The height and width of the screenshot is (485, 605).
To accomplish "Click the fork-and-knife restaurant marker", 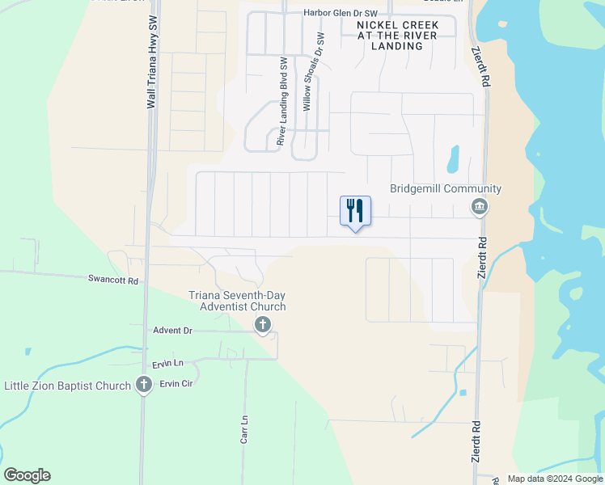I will coord(355,212).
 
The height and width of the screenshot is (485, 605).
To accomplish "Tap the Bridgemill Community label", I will coord(446,189).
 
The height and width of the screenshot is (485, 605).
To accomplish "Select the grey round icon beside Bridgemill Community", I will coord(480,208).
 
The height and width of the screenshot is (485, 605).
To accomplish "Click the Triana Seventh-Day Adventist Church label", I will coord(237,301).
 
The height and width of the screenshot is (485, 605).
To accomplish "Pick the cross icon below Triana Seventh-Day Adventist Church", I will coord(262,325).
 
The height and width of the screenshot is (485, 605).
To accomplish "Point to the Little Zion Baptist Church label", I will coord(68,386).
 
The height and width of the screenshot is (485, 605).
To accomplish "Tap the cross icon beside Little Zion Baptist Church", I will coord(144,385).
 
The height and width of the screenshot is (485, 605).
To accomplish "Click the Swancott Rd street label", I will coord(113,280).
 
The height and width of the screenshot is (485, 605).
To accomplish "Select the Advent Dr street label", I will coord(172,331).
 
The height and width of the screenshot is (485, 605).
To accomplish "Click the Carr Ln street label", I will coord(243,429).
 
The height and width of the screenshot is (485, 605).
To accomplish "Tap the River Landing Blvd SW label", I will coord(282,101).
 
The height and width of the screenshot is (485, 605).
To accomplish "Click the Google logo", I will coord(27,475).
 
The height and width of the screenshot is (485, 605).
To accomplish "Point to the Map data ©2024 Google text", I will coord(555,479).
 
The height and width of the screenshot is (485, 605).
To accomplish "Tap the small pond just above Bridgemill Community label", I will coord(453,158).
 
